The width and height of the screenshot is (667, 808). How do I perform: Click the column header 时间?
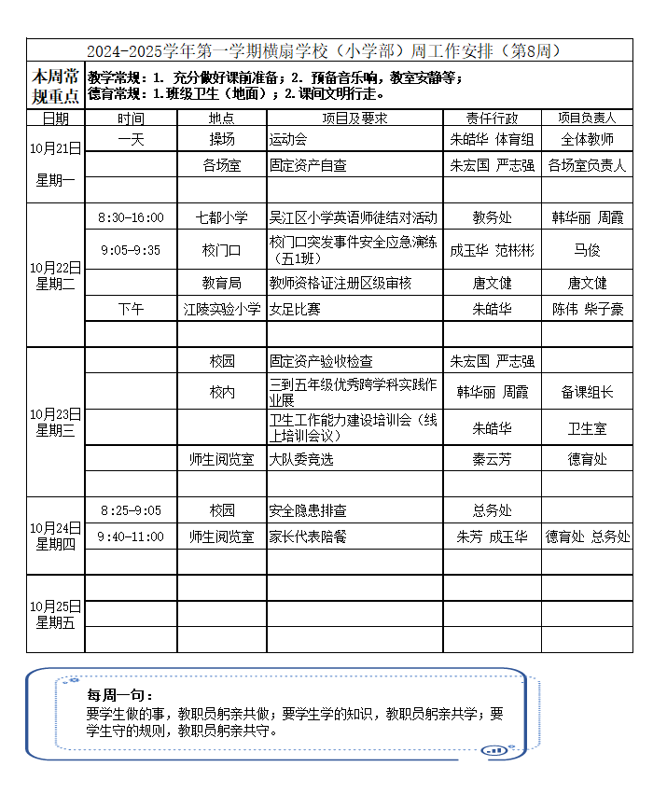[131, 118]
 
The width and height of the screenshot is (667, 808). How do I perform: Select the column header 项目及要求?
[354, 118]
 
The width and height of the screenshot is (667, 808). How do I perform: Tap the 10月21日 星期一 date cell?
[55, 163]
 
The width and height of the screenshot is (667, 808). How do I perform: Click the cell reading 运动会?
[288, 139]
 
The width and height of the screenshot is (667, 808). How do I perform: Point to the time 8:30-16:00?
[131, 217]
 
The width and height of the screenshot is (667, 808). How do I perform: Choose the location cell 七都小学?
[222, 217]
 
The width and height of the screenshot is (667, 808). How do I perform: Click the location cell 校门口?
[222, 250]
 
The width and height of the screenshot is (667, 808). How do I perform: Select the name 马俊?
[587, 250]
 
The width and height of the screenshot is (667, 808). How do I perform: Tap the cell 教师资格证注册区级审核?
[340, 283]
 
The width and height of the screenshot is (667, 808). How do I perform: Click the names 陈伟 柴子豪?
[587, 309]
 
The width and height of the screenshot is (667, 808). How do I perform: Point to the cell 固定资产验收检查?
[321, 361]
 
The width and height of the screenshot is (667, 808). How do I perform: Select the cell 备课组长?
[587, 393]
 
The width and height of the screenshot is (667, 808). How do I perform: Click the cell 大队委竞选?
[301, 458]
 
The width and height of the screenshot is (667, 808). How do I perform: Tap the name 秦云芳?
[492, 458]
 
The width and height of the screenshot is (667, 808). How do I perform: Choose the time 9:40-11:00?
[131, 536]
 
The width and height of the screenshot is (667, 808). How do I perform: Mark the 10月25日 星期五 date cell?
[55, 614]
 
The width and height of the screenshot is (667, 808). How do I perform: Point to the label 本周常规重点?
[55, 84]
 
